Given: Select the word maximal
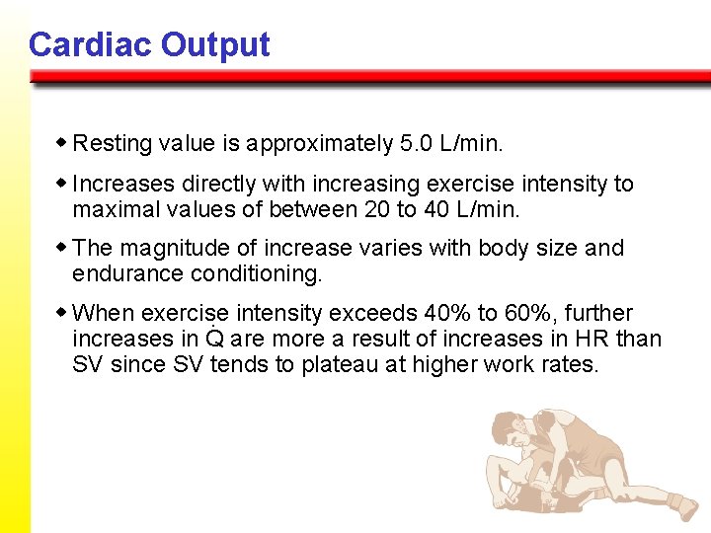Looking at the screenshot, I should (x=113, y=209).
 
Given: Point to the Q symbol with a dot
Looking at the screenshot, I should (x=214, y=339).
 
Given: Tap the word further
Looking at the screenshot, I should (x=596, y=314).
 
